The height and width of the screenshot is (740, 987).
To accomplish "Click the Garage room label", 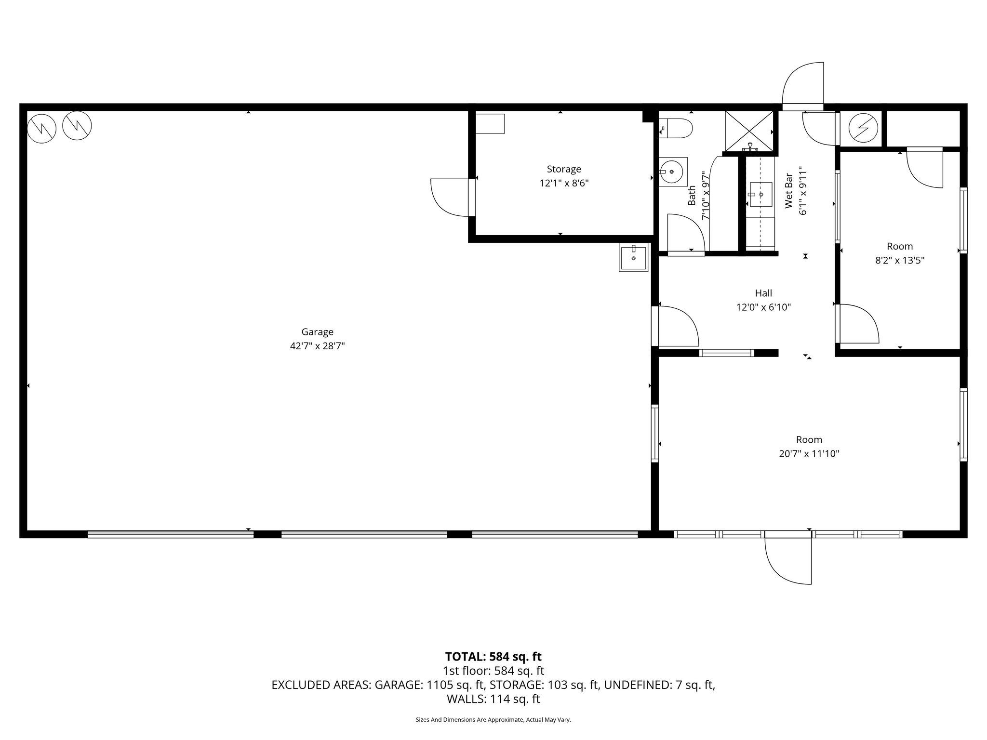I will click(x=317, y=332).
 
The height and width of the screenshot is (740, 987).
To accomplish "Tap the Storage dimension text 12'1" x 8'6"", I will click(x=564, y=183).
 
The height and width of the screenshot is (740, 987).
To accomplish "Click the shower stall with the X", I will click(x=748, y=131).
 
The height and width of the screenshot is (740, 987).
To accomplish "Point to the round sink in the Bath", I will click(x=672, y=171).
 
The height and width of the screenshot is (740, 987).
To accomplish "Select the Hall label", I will click(x=763, y=293).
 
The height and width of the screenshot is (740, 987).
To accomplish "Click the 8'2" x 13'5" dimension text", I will click(x=900, y=261).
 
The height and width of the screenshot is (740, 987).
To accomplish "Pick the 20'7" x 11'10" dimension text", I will click(x=809, y=454).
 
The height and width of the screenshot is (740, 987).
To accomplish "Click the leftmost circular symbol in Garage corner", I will click(x=41, y=129).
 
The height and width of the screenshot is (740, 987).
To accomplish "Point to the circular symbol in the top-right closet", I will click(x=862, y=128).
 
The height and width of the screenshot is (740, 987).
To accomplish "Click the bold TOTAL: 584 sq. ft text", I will click(x=493, y=657).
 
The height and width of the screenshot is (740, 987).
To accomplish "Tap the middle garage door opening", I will click(x=364, y=534).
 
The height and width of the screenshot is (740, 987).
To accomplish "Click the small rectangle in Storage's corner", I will click(x=490, y=124).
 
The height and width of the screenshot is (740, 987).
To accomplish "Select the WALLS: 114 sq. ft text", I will click(x=493, y=699).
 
